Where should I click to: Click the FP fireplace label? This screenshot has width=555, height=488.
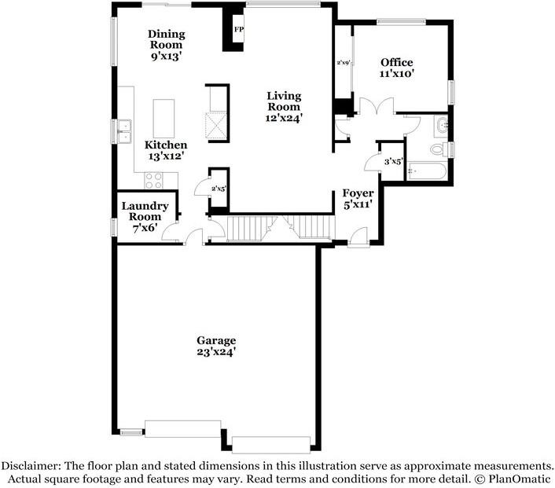coord(239,29)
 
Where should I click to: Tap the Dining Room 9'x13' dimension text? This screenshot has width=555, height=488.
coord(166,56)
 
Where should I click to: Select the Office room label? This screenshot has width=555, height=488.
coord(396,63)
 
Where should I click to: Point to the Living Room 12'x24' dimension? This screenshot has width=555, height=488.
coord(284,118)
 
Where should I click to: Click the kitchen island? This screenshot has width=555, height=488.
coord(164,119)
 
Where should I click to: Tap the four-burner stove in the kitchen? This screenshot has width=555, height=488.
coord(153,180)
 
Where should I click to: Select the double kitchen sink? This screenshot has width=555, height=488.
coord(124,132)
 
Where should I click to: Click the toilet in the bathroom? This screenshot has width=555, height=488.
coord(439,149)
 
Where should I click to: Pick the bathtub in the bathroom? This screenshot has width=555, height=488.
coord(427,171)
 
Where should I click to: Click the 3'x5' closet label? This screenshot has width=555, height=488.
coord(394,162)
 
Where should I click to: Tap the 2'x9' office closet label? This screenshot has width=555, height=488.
coord(344,63)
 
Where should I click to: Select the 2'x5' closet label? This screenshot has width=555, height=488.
coord(219,189)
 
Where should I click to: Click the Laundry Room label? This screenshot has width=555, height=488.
coord(145,211)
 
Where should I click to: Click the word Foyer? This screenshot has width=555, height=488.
coord(358,193)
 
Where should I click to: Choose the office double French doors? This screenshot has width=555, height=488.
coord(377,106)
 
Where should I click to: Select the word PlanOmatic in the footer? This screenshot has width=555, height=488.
coord(520,479)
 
